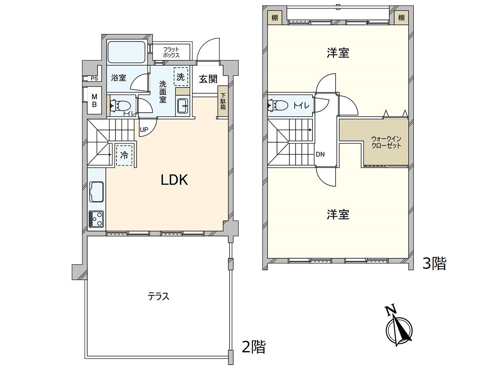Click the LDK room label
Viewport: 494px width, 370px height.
[174, 180]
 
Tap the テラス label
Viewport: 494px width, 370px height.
[158, 296]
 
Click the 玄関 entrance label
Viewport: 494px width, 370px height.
[208, 79]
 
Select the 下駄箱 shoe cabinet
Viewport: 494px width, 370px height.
[223, 101]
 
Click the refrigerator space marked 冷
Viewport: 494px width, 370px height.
[124, 155]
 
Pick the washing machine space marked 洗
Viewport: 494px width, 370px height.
[181, 76]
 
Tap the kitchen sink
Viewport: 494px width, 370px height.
[97, 192]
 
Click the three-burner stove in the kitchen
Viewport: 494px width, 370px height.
[96, 219]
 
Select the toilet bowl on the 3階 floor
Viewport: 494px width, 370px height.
[278, 105]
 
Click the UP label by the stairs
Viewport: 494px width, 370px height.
[144, 129]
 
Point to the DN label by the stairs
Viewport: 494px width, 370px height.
[320, 154]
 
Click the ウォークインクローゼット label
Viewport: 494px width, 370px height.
[386, 142]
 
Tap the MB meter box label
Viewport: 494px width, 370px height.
[94, 100]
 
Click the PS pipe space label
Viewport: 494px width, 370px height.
[94, 79]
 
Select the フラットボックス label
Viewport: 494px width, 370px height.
[171, 52]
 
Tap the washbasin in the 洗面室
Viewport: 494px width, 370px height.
[184, 106]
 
